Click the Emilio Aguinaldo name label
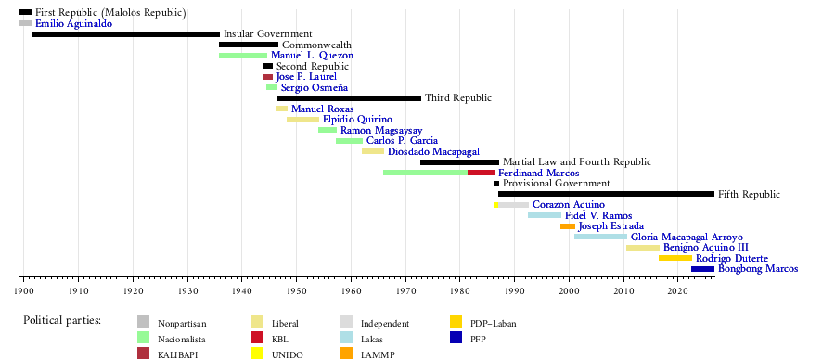pyautogui.click(x=74, y=24)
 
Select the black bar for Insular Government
pyautogui.click(x=125, y=34)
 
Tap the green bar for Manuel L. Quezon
pyautogui.click(x=243, y=56)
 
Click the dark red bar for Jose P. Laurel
pyautogui.click(x=267, y=77)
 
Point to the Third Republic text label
pyautogui.click(x=458, y=98)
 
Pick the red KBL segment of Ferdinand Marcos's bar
pyautogui.click(x=481, y=173)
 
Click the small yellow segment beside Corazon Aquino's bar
pyautogui.click(x=495, y=205)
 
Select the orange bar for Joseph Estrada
pyautogui.click(x=568, y=226)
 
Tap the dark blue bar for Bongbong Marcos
pyautogui.click(x=702, y=269)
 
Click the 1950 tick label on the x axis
pyautogui.click(x=297, y=291)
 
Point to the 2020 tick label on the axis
pyautogui.click(x=677, y=291)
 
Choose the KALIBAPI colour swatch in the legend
pyautogui.click(x=143, y=354)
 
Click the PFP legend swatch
pyautogui.click(x=456, y=338)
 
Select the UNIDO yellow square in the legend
pyautogui.click(x=258, y=354)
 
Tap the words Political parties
pyautogui.click(x=62, y=321)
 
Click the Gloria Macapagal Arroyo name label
pyautogui.click(x=687, y=237)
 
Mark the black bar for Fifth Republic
pyautogui.click(x=606, y=194)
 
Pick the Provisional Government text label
pyautogui.click(x=556, y=183)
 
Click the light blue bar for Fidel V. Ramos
pyautogui.click(x=545, y=215)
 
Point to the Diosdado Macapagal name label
pyautogui.click(x=433, y=152)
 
